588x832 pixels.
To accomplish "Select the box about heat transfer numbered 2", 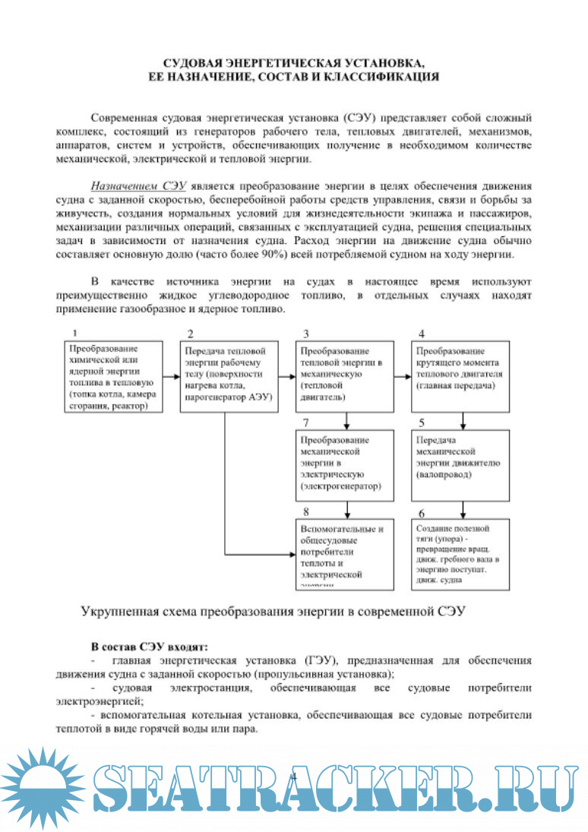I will (227, 376).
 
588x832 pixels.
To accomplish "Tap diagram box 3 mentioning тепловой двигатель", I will (345, 376).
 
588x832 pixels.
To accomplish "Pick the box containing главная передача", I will (460, 376).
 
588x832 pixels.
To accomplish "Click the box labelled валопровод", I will (460, 465).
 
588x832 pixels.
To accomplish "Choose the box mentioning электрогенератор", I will (345, 465).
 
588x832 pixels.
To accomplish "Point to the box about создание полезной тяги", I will (460, 553).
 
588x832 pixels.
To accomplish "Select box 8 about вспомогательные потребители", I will (345, 553).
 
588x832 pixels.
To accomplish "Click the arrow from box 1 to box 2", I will (172, 376).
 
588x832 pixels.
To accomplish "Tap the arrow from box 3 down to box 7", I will (346, 421).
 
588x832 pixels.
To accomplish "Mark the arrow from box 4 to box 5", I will (461, 421).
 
